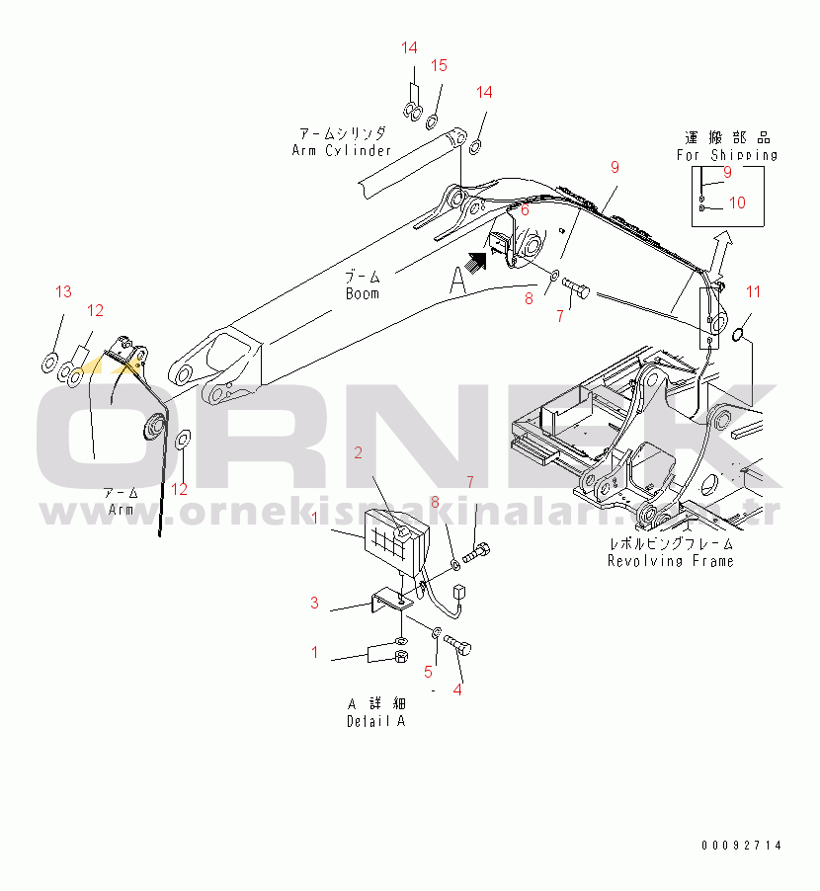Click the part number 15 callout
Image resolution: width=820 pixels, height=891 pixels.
(439, 65)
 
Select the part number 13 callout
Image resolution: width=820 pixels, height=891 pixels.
(63, 291)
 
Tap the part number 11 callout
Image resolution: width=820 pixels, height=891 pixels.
(754, 291)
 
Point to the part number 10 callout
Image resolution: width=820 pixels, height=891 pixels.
(737, 203)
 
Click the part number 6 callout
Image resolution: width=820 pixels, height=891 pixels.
(525, 210)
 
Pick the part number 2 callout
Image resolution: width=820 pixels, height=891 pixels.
(358, 452)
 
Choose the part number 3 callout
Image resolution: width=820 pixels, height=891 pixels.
(314, 603)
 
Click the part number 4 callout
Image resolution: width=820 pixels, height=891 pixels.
(456, 689)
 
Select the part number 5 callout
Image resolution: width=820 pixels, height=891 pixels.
(429, 673)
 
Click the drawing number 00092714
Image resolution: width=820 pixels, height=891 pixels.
(741, 846)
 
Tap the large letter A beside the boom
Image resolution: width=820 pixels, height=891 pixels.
(456, 282)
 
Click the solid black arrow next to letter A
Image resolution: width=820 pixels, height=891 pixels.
(479, 261)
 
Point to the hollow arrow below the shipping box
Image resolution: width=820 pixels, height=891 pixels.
(722, 242)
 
